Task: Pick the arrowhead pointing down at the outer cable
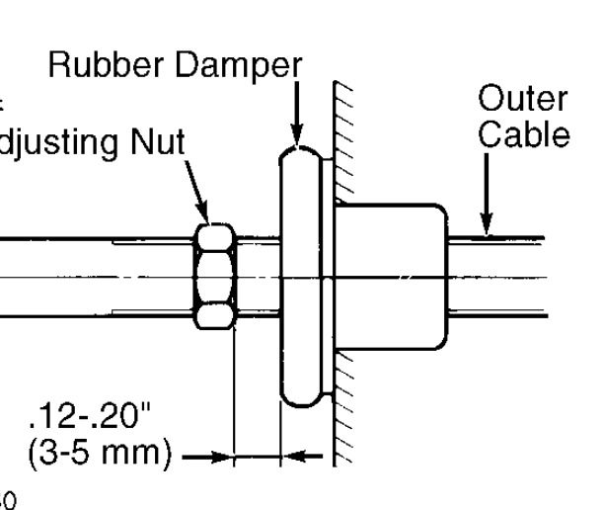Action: (485, 226)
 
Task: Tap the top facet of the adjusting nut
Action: (215, 236)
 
